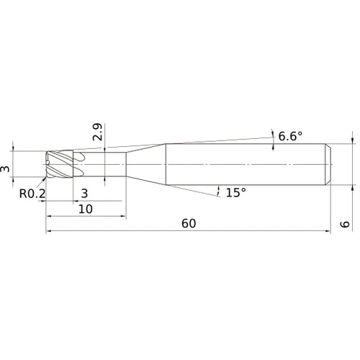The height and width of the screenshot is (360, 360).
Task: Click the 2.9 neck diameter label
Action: (x=97, y=132)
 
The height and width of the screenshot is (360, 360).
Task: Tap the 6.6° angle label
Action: (x=290, y=137)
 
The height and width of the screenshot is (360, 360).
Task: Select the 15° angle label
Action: (x=236, y=192)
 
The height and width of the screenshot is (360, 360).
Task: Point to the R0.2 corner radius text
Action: (x=32, y=194)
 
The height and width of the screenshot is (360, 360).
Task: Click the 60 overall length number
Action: (x=189, y=223)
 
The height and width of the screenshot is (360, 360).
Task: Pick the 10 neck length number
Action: (x=86, y=209)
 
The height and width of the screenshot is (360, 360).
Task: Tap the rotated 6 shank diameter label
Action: (x=345, y=224)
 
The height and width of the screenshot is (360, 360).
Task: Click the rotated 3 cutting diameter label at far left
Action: (x=5, y=169)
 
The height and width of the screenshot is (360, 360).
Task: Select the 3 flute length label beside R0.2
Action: (x=84, y=193)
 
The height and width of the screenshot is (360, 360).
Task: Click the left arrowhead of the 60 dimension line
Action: (x=49, y=231)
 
